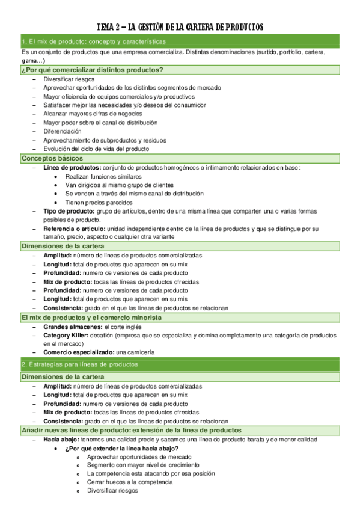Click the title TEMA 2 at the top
pyautogui.click(x=180, y=27)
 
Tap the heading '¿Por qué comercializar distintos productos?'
pyautogui.click(x=92, y=70)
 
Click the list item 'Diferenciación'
pyautogui.click(x=63, y=131)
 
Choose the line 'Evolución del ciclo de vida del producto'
pyautogui.click(x=96, y=148)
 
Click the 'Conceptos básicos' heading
pyautogui.click(x=52, y=158)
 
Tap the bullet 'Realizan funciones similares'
pyautogui.click(x=103, y=176)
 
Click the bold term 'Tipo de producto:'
pyautogui.click(x=69, y=212)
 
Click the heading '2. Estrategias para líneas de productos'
pyautogui.click(x=80, y=364)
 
